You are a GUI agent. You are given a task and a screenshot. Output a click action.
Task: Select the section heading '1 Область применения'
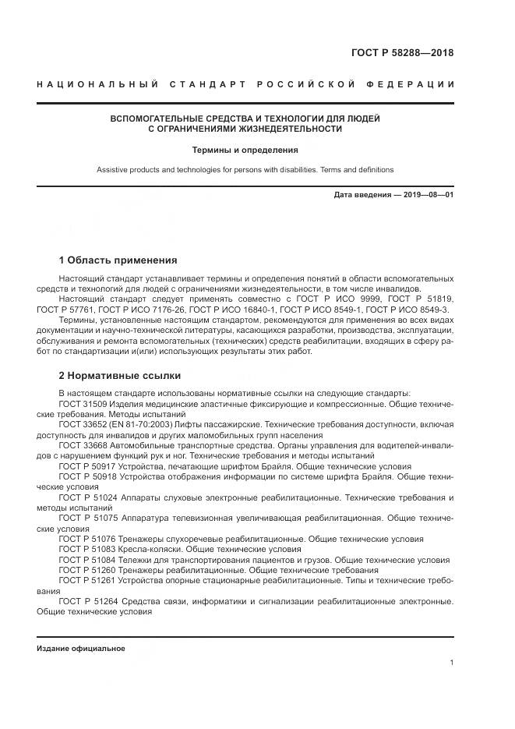tap(118, 260)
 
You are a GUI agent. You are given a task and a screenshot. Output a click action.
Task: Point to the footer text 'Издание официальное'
tap(80, 649)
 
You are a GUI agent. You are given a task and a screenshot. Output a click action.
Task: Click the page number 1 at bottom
tap(451, 663)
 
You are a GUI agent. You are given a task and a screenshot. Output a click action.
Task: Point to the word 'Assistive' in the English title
tap(112, 170)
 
